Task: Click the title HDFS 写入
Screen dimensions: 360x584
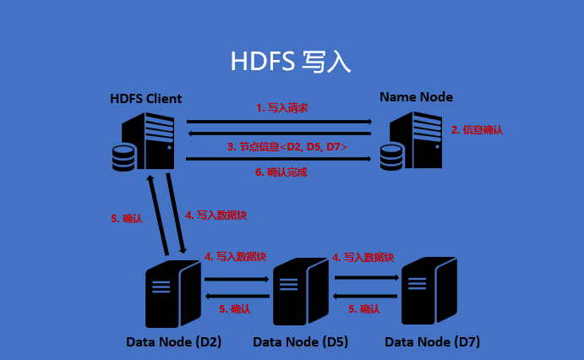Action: [x=290, y=62]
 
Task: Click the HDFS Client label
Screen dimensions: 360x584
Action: [x=145, y=99]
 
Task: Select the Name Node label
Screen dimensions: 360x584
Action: [x=416, y=97]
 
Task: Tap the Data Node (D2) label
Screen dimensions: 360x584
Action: [x=173, y=342]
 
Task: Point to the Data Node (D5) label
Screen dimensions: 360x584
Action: [x=300, y=342]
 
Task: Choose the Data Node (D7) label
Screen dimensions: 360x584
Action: [x=432, y=342]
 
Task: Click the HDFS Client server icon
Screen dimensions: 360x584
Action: [x=145, y=141]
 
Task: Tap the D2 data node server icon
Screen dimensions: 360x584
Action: [x=172, y=292]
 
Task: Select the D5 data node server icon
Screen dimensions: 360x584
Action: [x=300, y=292]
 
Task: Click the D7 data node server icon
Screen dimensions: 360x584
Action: [x=428, y=291]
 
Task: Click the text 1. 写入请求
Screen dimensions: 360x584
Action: [x=281, y=108]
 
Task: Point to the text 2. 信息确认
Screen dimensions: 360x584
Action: [x=477, y=130]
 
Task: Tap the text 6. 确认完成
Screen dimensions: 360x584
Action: [x=281, y=172]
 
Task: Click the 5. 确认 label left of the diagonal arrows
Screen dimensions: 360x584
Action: [x=127, y=218]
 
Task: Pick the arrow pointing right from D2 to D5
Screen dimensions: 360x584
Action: [x=236, y=278]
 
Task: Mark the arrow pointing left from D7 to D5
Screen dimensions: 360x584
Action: [x=365, y=296]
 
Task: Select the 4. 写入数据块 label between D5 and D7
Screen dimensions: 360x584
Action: [x=363, y=257]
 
